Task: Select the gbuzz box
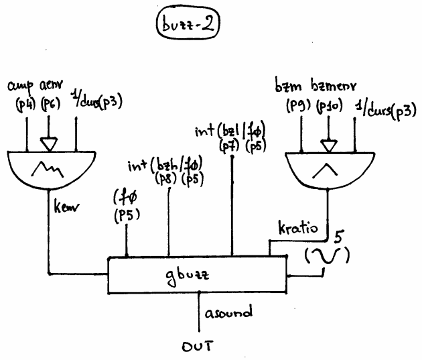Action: [197, 274]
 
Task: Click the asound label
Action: [230, 312]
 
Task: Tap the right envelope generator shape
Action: [328, 169]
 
